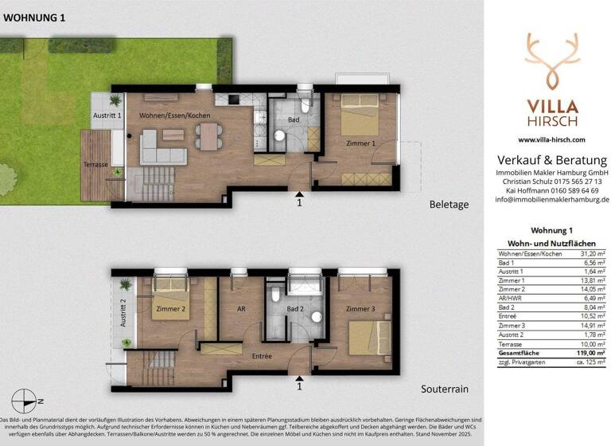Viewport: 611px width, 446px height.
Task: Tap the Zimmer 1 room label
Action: [x=361, y=144]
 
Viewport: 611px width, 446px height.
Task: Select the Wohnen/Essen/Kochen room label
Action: [x=174, y=116]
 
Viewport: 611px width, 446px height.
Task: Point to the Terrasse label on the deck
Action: [x=95, y=163]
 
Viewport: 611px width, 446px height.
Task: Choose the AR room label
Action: [x=236, y=310]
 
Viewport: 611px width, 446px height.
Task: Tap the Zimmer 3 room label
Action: [x=361, y=308]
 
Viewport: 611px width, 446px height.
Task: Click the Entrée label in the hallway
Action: [x=262, y=356]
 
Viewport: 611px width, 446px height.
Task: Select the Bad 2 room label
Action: [x=294, y=308]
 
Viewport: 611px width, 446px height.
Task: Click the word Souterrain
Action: [x=444, y=389]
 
